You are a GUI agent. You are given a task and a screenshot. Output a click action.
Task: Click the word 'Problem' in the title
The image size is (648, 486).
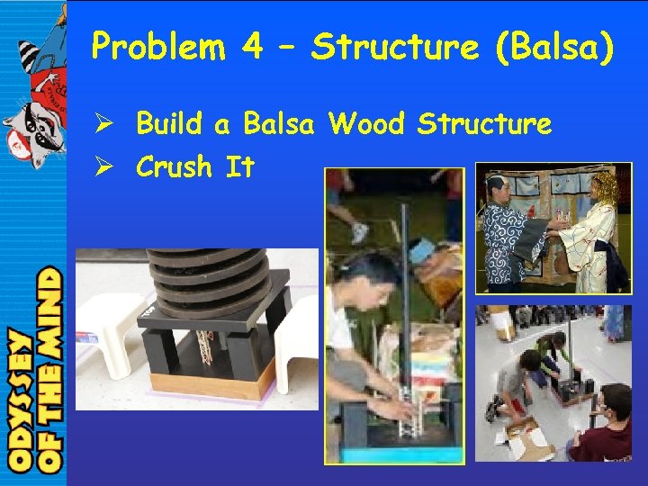pos(158,47)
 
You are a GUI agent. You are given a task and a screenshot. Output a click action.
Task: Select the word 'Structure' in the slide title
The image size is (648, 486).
pos(394,47)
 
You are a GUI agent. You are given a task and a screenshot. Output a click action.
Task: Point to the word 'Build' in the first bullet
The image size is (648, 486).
pos(170,124)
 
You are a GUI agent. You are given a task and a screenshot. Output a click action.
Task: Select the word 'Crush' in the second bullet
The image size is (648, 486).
pos(174,166)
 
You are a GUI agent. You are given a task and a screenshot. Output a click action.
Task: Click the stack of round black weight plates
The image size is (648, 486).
pos(208,275)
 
